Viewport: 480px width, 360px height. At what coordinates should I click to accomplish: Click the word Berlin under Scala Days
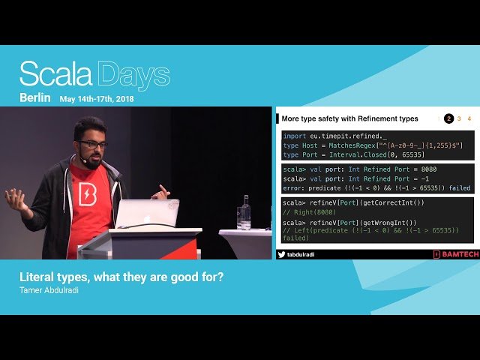pyautogui.click(x=35, y=97)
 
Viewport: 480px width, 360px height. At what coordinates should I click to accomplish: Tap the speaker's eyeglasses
pyautogui.click(x=93, y=144)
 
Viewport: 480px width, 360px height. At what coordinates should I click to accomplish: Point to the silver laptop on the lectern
pyautogui.click(x=147, y=214)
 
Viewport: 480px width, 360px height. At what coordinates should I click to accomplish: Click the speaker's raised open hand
pyautogui.click(x=16, y=198)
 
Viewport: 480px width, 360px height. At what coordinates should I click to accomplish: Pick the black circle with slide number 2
pyautogui.click(x=448, y=118)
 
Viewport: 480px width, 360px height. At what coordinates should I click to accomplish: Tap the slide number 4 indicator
pyautogui.click(x=469, y=118)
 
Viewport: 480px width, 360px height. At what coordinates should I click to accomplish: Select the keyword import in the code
pyautogui.click(x=294, y=136)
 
